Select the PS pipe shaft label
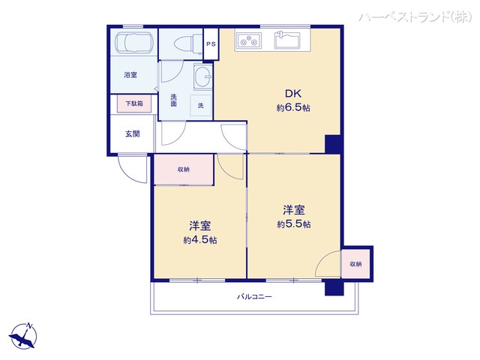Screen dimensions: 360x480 point(211,44)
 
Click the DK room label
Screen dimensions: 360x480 point(292,94)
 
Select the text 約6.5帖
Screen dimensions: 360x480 point(293,108)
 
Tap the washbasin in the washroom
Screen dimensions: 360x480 point(201,76)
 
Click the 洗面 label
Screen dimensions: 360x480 point(173,100)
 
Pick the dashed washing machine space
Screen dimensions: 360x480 point(200,106)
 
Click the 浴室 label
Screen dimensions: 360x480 point(130,75)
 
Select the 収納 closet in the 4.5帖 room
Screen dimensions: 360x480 point(184,169)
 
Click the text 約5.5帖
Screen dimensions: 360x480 point(293,223)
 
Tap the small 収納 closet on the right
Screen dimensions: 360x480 point(355,264)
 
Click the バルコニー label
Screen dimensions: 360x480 point(254,297)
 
